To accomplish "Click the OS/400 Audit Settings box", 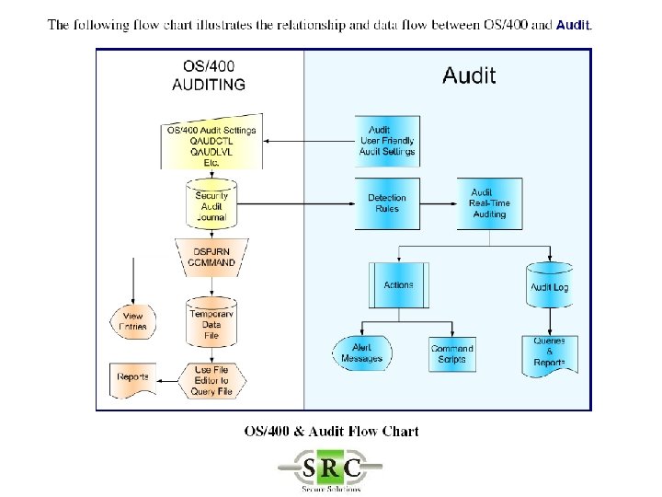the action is point(211,144).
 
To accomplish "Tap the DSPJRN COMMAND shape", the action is point(211,257).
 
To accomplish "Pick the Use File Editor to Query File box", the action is point(211,380).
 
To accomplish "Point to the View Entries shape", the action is point(133,321).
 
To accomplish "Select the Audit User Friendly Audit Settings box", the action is point(387,141).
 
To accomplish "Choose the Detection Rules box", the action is point(387,203).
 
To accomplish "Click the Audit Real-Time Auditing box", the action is point(489,203).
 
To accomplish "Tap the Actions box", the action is point(398,286).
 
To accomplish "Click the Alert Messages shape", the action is point(361,353).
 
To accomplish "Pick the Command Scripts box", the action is point(451,353).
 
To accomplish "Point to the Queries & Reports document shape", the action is point(549,353).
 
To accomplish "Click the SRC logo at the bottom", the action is point(331,468).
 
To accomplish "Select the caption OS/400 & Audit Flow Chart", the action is point(331,431).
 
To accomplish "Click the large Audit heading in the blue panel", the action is point(469,75).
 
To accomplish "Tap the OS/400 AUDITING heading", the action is point(209,76).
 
